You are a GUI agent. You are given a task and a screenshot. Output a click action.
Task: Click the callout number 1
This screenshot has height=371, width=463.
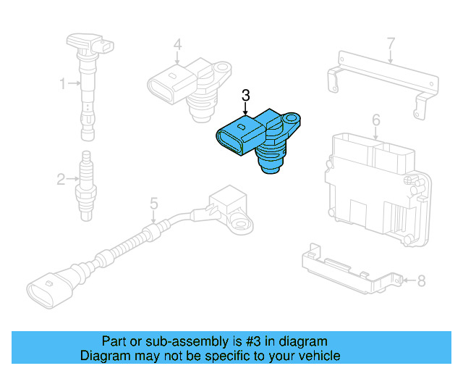click(62, 84)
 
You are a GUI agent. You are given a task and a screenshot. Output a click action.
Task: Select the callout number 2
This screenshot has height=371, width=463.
click(62, 178)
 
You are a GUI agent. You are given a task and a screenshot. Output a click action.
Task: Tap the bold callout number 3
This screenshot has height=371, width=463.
click(245, 96)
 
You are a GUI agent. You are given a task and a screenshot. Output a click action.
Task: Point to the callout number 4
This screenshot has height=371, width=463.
click(177, 45)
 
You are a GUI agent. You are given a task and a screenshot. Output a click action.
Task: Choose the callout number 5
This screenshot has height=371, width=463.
click(153, 204)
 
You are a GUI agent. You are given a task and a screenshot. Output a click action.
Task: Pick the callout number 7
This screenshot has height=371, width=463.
click(391, 43)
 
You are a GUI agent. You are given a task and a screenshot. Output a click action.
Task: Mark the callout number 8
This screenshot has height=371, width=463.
click(422, 280)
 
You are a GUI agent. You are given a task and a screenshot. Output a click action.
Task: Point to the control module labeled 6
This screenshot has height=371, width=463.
click(373, 185)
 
